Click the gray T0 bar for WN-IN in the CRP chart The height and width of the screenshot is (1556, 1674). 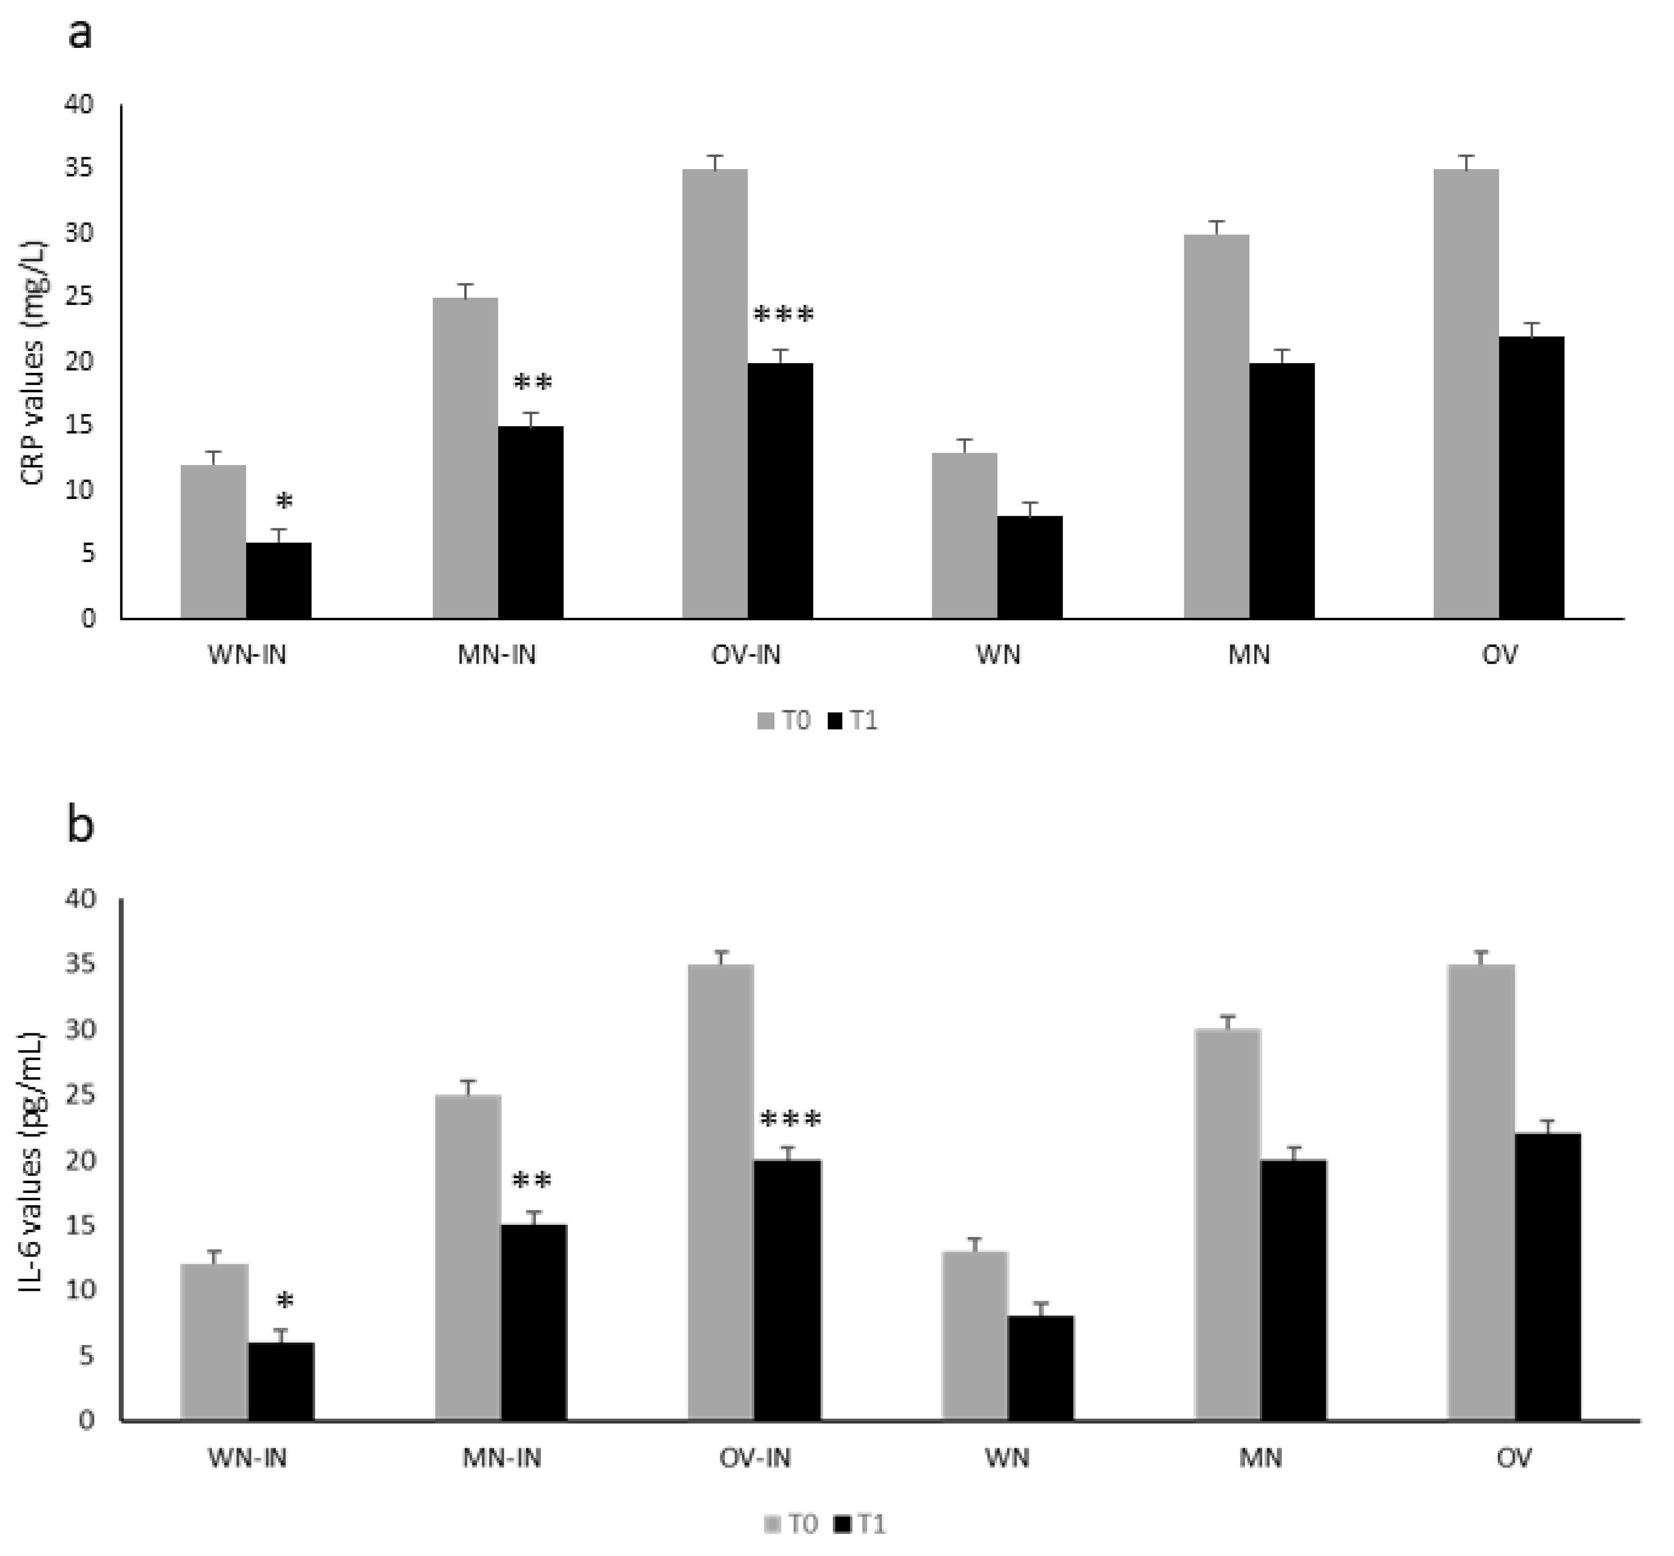213,541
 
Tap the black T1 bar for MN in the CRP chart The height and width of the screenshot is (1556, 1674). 1281,491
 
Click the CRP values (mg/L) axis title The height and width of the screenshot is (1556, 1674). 35,363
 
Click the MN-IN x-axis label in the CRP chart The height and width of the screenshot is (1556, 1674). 497,654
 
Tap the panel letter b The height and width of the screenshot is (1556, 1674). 81,825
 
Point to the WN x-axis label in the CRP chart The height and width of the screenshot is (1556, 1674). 998,654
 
